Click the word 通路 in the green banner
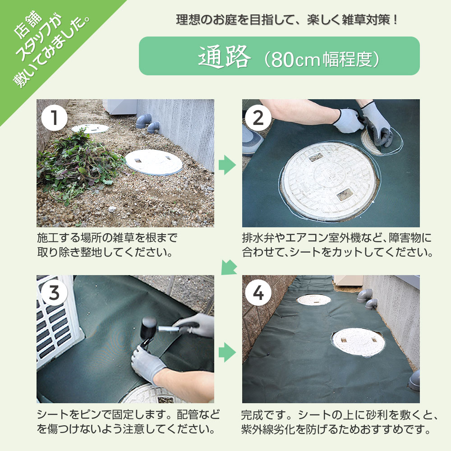point(224,56)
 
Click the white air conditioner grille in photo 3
point(56,325)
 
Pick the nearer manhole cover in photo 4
point(359,341)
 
